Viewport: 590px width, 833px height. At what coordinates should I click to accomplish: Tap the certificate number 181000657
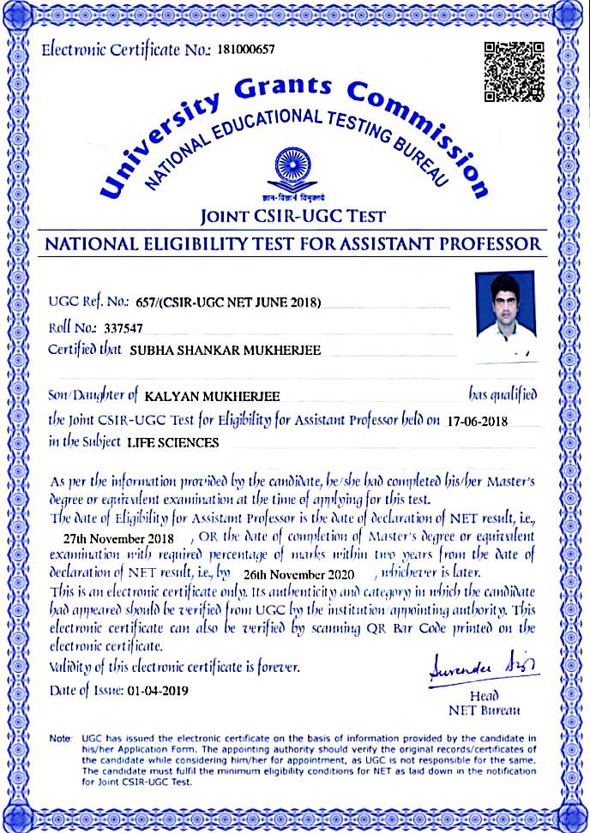pos(247,50)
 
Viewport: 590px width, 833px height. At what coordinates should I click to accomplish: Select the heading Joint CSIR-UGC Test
pos(293,216)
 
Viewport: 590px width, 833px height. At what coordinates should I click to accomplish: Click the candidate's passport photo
pos(504,317)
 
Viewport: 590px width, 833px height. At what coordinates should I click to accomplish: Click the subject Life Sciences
pos(172,443)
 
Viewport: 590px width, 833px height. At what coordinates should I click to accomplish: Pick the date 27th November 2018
pos(119,538)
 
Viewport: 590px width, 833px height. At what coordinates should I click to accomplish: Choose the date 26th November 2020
pos(298,573)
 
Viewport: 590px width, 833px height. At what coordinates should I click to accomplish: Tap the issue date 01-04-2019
pos(156,691)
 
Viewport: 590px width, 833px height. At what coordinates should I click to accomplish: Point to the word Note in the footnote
pos(60,738)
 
